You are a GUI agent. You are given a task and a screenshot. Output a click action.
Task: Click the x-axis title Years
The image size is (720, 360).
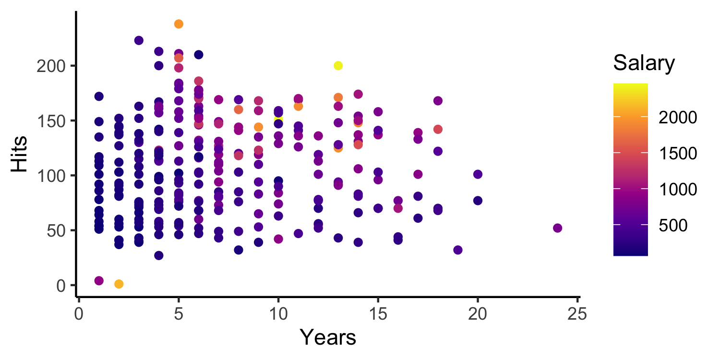tap(328, 337)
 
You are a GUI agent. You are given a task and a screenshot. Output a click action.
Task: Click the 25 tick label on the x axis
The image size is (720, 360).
tap(577, 314)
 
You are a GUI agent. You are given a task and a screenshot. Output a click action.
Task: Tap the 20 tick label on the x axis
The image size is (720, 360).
tap(478, 314)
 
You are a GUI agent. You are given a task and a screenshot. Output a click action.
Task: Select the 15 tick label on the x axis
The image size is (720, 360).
tap(378, 314)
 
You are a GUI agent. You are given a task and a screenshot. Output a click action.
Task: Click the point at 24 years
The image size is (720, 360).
tap(557, 228)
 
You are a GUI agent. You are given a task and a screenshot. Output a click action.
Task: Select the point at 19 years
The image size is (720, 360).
tap(457, 250)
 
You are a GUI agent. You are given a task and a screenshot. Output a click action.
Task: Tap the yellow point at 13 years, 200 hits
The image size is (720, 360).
tap(338, 66)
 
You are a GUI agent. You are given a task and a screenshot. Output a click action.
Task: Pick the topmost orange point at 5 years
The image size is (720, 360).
tap(179, 24)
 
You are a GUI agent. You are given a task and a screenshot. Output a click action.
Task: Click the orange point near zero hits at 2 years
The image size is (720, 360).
tap(119, 284)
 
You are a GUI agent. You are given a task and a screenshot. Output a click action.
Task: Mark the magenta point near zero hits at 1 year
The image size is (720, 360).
tap(99, 281)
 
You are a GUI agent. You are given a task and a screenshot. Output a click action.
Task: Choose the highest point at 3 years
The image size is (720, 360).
tap(139, 40)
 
